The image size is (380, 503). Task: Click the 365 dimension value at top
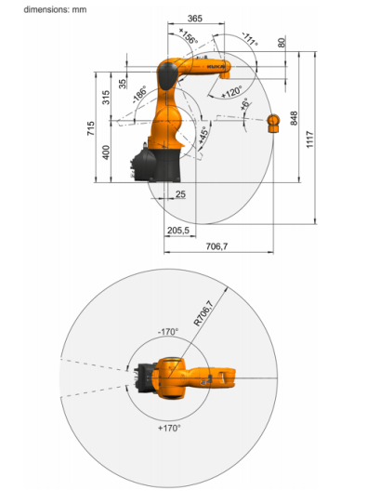coord(195,19)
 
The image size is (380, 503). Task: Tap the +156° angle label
coord(189,36)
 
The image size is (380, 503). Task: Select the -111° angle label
coord(250,39)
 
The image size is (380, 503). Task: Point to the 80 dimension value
coord(282,43)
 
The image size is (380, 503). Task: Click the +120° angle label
coord(231,92)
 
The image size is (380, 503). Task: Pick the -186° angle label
coord(139,94)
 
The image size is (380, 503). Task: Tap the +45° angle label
coord(203,135)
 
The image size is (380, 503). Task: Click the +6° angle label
coord(244,104)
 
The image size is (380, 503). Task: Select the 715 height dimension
coord(91,128)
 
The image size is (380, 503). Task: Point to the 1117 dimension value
coord(309,139)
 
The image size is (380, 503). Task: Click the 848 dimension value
coord(294,118)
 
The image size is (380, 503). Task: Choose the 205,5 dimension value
coord(178,230)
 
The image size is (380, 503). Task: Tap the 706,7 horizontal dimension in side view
coord(216,246)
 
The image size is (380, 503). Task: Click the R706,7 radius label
coord(203,313)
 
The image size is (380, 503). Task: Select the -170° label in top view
coord(168,331)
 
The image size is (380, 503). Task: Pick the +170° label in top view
coord(169,428)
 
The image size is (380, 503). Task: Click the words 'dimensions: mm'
coord(55,9)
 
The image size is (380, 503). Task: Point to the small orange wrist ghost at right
coord(273,123)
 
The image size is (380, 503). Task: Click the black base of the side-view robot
coord(156,165)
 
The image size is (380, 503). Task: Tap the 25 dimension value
coord(180,194)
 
